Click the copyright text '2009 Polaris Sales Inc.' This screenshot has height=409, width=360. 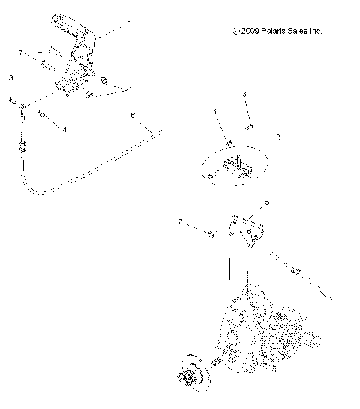pos(278,32)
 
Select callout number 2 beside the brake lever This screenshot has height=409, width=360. pos(130,24)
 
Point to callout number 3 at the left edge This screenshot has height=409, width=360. pos(10,77)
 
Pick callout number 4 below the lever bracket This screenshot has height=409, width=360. pos(64,130)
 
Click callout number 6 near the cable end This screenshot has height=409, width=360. pos(133,116)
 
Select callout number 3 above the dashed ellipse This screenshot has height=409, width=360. pos(244,94)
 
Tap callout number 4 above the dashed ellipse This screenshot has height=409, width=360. pos(214,112)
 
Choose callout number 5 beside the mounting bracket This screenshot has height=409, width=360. pos(266,203)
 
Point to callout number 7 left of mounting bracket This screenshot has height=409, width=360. pos(179,222)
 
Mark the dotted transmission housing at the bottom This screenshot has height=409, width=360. pos(262,330)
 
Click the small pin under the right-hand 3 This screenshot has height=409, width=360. pos(253,125)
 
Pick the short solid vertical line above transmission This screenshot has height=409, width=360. pos(230,268)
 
